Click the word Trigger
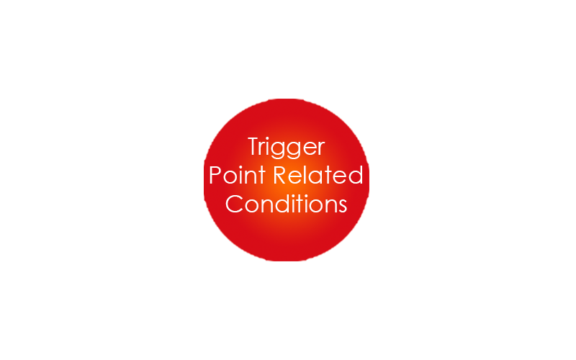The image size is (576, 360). point(286,148)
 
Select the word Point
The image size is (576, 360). point(237,175)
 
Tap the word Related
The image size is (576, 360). point(318,175)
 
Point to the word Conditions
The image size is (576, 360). point(286,204)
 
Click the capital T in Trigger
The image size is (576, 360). point(254,146)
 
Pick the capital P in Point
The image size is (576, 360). point(215,175)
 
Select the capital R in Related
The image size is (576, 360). point(280,175)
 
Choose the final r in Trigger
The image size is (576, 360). point(321,149)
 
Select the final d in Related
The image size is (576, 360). point(356,175)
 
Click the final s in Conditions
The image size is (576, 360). point(343,207)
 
